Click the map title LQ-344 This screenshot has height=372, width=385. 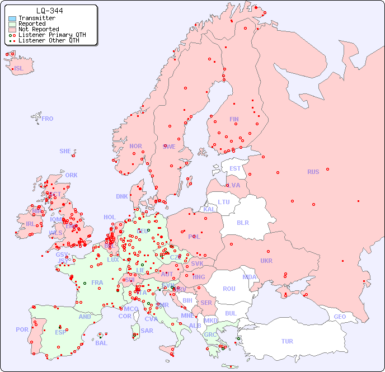pos(49,11)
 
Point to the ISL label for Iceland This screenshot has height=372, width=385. pos(19,69)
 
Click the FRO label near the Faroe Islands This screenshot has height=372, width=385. pos(48,119)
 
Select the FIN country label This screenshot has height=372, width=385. pos(234,119)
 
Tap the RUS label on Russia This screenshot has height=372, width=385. pos(313,172)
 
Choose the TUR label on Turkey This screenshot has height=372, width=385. pos(287,341)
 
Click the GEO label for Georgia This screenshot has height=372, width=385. pos(340,317)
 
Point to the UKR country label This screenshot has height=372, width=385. pos(266,261)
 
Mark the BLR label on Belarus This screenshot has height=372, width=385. pos(243,222)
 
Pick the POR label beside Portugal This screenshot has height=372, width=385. pos(22,329)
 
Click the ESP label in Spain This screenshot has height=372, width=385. pos(60,332)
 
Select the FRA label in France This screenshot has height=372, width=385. pos(97,282)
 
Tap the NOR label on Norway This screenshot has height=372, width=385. pos(135,146)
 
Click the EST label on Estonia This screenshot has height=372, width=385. pos(235,168)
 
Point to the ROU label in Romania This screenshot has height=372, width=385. pos(229,289)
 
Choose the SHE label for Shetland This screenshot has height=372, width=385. pos(65,151)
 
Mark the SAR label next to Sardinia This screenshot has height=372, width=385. pos(147,331)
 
